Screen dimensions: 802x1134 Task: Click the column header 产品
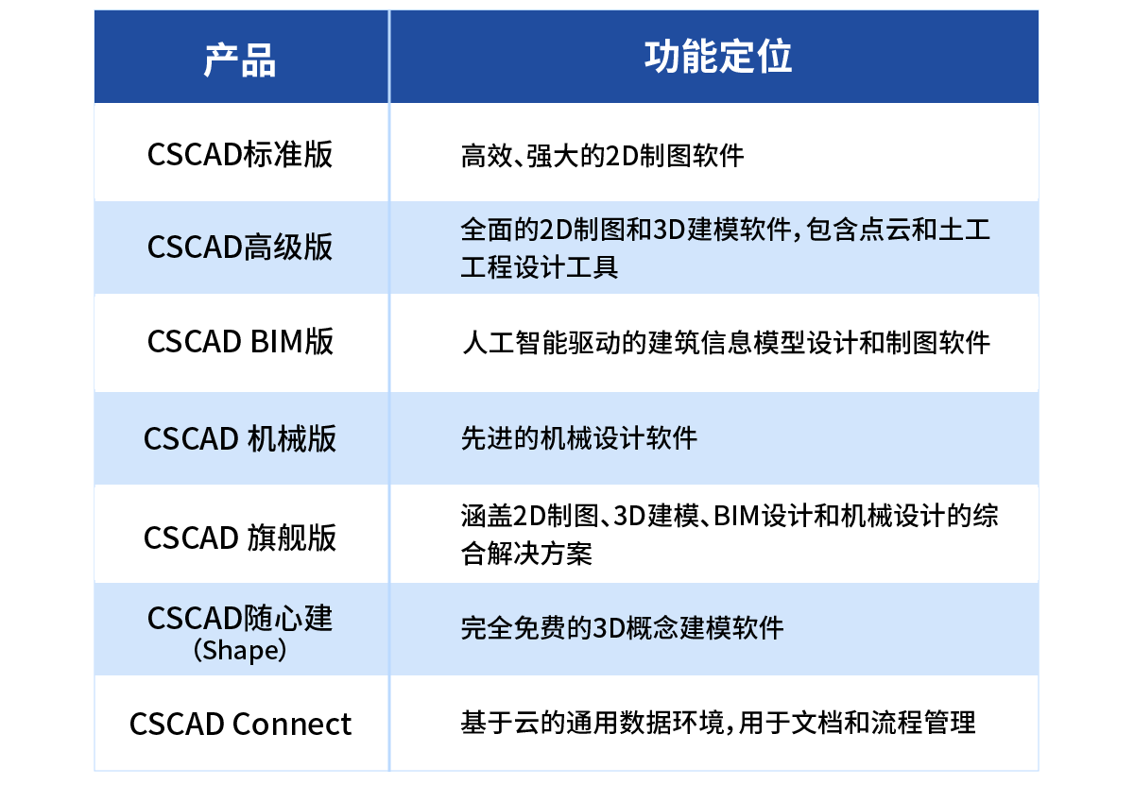[240, 60]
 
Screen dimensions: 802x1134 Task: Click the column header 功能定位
[718, 58]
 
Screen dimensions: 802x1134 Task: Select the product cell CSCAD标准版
[240, 154]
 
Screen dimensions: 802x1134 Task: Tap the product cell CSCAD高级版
[240, 247]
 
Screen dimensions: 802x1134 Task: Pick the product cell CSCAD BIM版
[240, 341]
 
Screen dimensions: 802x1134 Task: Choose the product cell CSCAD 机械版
[240, 439]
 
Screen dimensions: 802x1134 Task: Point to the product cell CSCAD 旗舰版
[240, 538]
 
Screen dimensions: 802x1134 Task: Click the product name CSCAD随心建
[240, 619]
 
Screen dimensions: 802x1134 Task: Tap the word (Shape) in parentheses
[240, 651]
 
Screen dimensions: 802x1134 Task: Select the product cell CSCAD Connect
[240, 725]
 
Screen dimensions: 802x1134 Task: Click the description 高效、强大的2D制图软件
[602, 155]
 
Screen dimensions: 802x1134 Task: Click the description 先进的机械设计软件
[578, 439]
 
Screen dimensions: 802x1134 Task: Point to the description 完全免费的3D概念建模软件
[622, 628]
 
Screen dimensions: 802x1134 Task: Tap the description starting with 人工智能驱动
[725, 342]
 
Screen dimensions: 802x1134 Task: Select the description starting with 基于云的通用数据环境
[718, 725]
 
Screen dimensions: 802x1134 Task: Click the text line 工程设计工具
[539, 266]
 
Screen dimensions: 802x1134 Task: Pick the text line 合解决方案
[526, 554]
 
